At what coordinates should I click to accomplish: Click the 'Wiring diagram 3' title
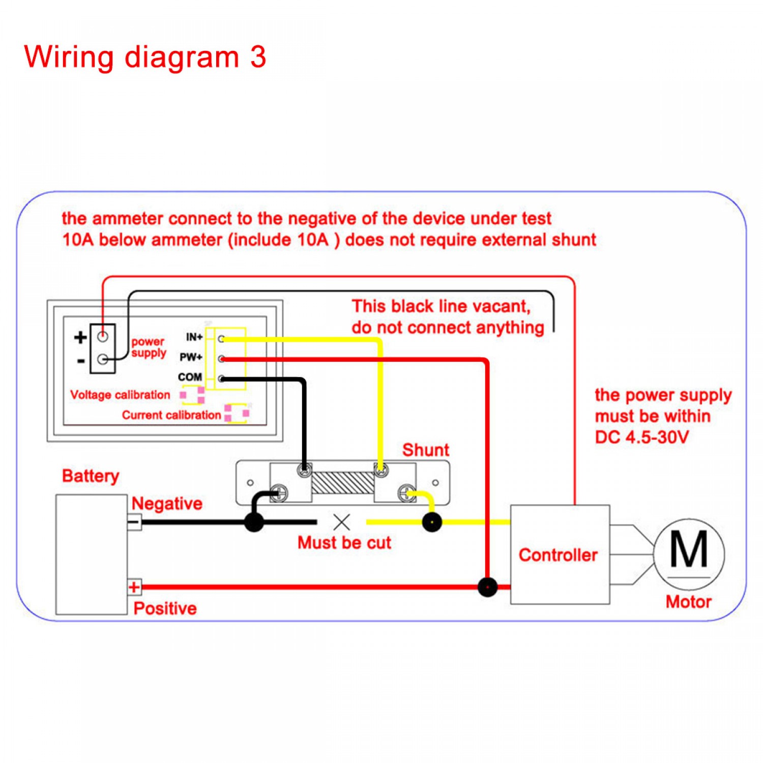(x=145, y=57)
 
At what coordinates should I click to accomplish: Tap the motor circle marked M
(x=689, y=554)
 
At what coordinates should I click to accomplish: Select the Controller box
(x=560, y=554)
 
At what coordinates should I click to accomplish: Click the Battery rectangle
(x=91, y=554)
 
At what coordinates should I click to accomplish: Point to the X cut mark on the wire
(x=342, y=522)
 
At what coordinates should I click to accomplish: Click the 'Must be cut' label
(x=344, y=543)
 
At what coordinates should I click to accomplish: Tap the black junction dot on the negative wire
(x=254, y=522)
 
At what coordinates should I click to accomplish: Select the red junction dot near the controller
(x=487, y=587)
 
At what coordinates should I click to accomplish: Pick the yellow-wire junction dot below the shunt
(x=432, y=522)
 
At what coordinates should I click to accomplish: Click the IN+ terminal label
(x=194, y=337)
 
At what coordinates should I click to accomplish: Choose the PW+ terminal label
(x=191, y=357)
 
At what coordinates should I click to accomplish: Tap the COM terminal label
(x=190, y=377)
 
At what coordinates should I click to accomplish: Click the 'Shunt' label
(x=426, y=450)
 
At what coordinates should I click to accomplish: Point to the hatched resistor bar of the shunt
(x=342, y=483)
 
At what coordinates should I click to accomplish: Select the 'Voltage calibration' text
(x=120, y=395)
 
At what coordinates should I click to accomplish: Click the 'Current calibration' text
(x=171, y=415)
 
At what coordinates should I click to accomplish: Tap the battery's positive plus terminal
(x=134, y=587)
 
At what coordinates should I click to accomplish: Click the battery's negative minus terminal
(x=134, y=522)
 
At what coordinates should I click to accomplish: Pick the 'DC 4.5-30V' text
(x=641, y=437)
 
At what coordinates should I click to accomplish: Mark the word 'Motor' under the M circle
(x=688, y=602)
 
